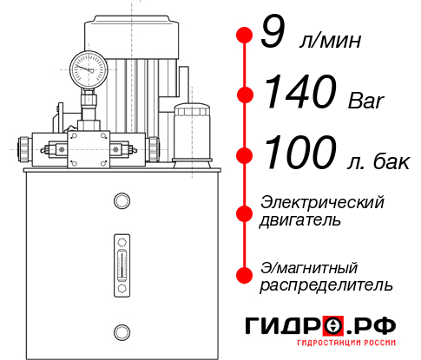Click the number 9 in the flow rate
273,35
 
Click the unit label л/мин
329,41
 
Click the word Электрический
322,202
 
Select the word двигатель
300,220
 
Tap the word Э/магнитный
309,266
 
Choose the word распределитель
326,285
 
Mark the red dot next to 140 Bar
244,94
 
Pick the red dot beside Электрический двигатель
244,211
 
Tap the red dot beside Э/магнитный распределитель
244,274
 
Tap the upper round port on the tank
121,202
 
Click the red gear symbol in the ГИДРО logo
333,325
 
